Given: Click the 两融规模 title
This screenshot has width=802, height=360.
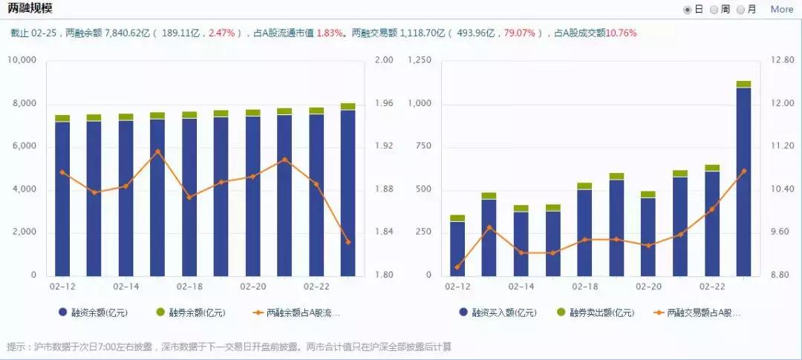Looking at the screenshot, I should click(x=30, y=8).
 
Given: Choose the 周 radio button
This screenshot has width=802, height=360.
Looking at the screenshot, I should click(x=714, y=10).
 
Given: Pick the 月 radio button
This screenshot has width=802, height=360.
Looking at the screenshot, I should click(x=740, y=10).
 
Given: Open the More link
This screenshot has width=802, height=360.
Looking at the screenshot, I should click(x=781, y=10).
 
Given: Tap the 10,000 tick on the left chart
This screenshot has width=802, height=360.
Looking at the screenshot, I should click(x=22, y=60).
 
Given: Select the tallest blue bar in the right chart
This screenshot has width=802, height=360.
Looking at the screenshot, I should click(x=743, y=182).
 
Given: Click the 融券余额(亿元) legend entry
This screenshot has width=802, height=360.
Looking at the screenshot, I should click(x=191, y=312).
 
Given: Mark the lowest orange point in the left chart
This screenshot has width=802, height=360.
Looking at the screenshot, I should click(x=348, y=242).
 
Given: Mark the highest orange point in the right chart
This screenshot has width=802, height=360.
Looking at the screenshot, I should click(x=743, y=171).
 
